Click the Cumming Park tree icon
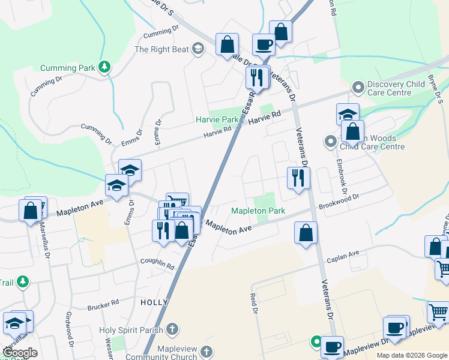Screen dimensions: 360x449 point(105,67)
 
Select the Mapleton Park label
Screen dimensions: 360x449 point(258,211)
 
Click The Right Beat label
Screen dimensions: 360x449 point(161,50)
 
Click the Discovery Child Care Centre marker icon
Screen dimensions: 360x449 point(358,88)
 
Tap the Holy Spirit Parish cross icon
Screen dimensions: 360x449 point(172,329)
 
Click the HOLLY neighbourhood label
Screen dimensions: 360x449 point(152,302)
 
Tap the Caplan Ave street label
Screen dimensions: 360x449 point(342,257)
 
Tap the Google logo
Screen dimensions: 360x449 point(20,353)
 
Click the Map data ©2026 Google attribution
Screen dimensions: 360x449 point(411,355)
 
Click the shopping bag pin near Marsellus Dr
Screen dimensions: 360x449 point(31,211)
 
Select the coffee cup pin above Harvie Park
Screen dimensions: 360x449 point(264,43)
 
